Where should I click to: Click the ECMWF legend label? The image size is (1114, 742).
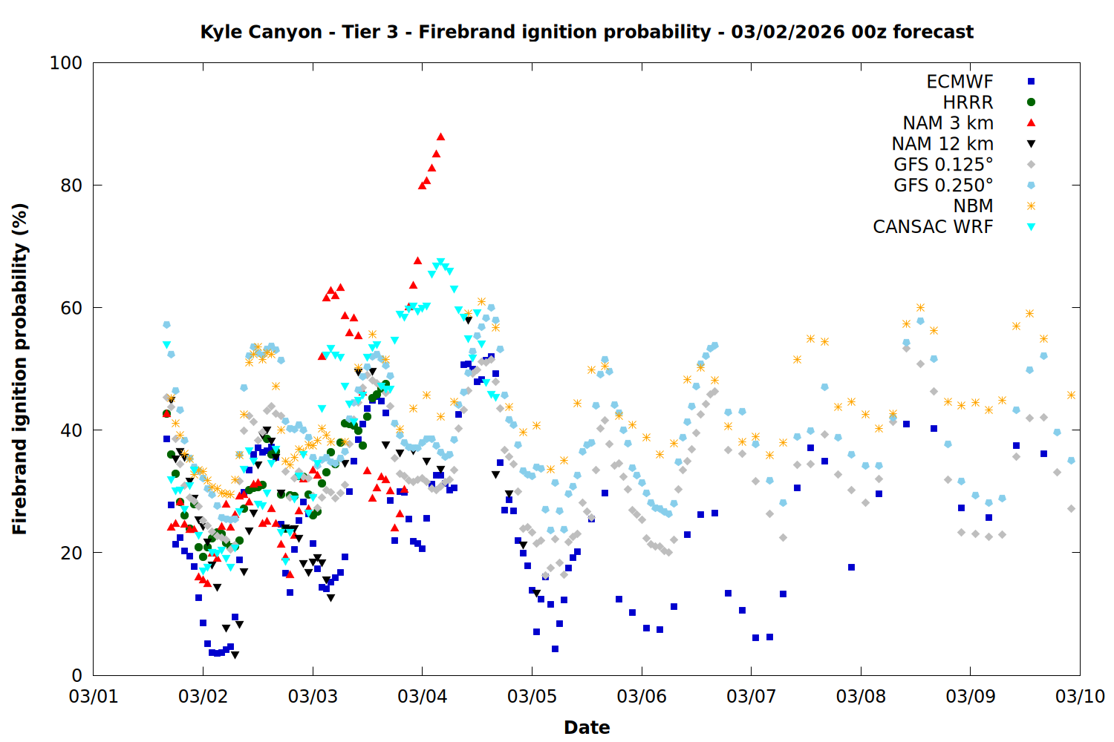point(960,82)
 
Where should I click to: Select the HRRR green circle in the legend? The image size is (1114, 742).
point(1031,102)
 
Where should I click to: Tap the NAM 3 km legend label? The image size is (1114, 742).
point(948,123)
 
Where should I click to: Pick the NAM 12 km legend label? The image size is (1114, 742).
point(942,144)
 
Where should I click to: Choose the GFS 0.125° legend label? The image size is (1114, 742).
point(943,165)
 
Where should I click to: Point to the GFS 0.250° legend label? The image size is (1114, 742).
point(943,185)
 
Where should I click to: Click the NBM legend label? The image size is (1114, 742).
point(973,206)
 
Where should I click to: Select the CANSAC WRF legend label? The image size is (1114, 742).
point(933,227)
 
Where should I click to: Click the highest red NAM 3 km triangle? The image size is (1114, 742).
point(440,137)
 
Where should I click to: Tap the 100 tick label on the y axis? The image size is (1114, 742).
point(66,63)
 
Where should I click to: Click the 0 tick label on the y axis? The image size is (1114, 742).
point(76,675)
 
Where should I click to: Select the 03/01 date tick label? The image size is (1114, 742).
point(94,697)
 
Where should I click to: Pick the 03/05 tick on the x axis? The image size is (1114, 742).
point(532,697)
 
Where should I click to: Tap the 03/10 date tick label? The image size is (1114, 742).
point(1080,697)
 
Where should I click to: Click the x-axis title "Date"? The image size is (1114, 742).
point(587,727)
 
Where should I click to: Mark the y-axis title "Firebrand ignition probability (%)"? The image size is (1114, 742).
point(20,369)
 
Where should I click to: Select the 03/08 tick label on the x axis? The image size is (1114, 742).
point(861,697)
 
